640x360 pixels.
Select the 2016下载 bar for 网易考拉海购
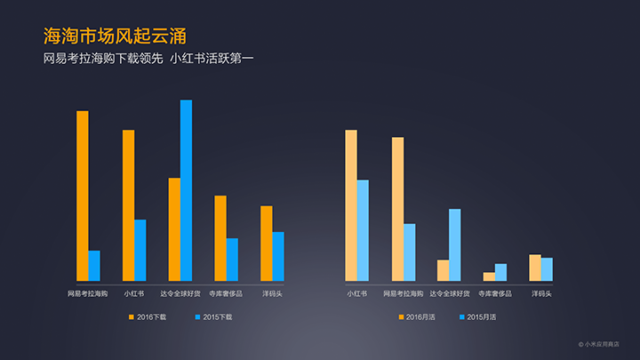[x=83, y=196]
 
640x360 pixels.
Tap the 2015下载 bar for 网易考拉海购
[x=94, y=265]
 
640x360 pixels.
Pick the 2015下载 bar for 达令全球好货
[x=186, y=190]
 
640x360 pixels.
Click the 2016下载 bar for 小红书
[x=129, y=205]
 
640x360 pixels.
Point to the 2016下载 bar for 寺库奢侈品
[x=220, y=237]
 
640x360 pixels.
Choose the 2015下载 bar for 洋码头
[x=278, y=256]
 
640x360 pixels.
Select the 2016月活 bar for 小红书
[x=351, y=205]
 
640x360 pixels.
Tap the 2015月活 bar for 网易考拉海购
[x=409, y=252]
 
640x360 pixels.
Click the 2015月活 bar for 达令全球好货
[x=455, y=244]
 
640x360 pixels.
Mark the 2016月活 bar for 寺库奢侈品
[x=489, y=276]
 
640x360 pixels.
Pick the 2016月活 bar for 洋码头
[x=535, y=268]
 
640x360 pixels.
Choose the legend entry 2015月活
[x=477, y=316]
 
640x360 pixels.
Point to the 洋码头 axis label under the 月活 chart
[x=541, y=292]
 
